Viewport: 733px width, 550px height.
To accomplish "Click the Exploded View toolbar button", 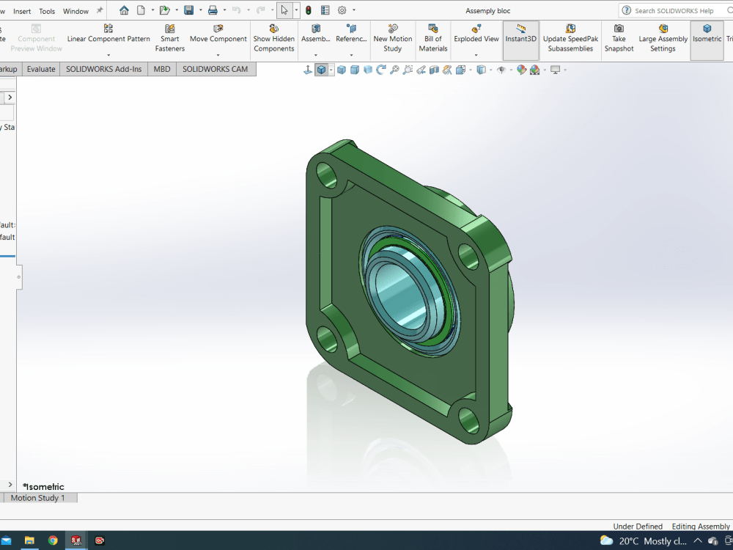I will (x=476, y=38).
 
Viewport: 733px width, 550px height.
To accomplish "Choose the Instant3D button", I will (x=520, y=38).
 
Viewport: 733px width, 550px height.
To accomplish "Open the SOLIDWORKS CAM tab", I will (x=215, y=69).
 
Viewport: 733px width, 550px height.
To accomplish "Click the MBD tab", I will (x=161, y=69).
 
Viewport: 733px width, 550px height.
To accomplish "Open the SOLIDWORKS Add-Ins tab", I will (x=103, y=69).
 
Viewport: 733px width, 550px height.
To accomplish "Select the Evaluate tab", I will (x=41, y=69).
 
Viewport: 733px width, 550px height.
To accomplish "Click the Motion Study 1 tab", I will (x=37, y=498).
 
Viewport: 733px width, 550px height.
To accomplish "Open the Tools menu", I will (x=47, y=11).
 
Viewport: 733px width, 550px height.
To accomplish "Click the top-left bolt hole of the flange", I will (x=326, y=175).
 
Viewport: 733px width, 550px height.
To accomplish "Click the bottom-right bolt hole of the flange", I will (x=468, y=419).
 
